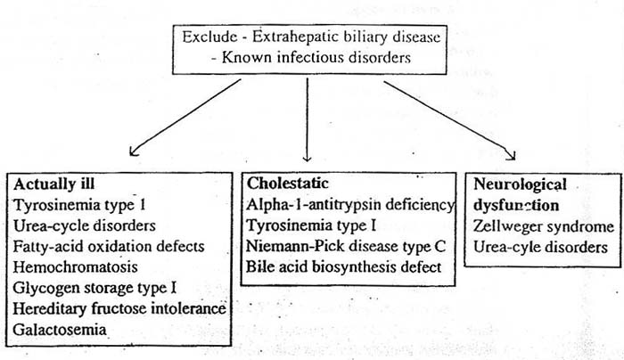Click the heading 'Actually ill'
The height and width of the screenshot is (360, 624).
pos(54,184)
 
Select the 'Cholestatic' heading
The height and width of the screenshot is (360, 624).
pos(288,184)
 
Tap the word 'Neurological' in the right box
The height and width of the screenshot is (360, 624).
pos(520,185)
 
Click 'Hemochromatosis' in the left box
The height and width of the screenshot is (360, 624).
pos(75,267)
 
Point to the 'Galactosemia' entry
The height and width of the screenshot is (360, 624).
pos(60,330)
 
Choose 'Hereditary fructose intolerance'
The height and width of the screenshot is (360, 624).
pos(119,308)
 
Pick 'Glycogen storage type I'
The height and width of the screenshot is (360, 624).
pos(94,288)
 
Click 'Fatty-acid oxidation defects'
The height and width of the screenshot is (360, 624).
pos(109,246)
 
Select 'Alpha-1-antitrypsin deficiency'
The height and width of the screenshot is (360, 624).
pos(350,204)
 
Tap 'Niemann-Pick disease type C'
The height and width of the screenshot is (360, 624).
pos(346,246)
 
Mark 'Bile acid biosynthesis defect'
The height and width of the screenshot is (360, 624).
pos(344,267)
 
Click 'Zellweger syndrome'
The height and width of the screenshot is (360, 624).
pos(544,226)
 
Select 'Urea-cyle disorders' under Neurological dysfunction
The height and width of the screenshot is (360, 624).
pos(540,248)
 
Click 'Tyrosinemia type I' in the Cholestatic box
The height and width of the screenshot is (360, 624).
pos(311,225)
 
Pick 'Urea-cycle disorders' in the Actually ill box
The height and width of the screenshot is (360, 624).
pos(85,225)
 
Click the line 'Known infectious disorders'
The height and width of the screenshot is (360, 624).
pos(316,57)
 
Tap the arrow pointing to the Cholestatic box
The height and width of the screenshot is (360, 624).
pos(307,119)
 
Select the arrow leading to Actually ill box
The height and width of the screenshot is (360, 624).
pos(185,118)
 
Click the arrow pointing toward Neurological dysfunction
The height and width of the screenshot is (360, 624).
pos(449,121)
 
